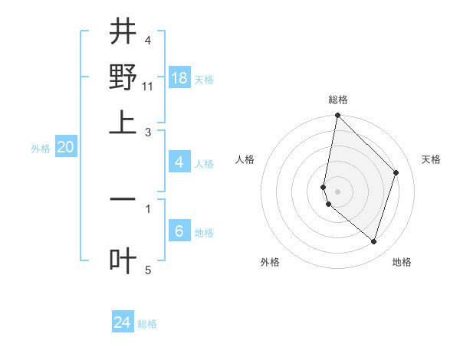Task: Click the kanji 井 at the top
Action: point(123,33)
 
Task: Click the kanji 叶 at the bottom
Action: point(123,261)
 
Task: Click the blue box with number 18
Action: point(179,78)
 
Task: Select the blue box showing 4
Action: point(179,162)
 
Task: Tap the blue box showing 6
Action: point(179,232)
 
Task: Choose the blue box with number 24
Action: point(123,323)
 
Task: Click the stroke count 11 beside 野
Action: point(148,85)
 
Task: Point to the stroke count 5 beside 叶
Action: point(148,270)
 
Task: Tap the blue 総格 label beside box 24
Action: point(147,324)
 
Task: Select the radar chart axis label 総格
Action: point(338,100)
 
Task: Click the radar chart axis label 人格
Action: point(245,159)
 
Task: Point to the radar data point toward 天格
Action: point(396,172)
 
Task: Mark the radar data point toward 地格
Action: point(373,242)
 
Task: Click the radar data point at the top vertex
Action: point(337,116)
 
